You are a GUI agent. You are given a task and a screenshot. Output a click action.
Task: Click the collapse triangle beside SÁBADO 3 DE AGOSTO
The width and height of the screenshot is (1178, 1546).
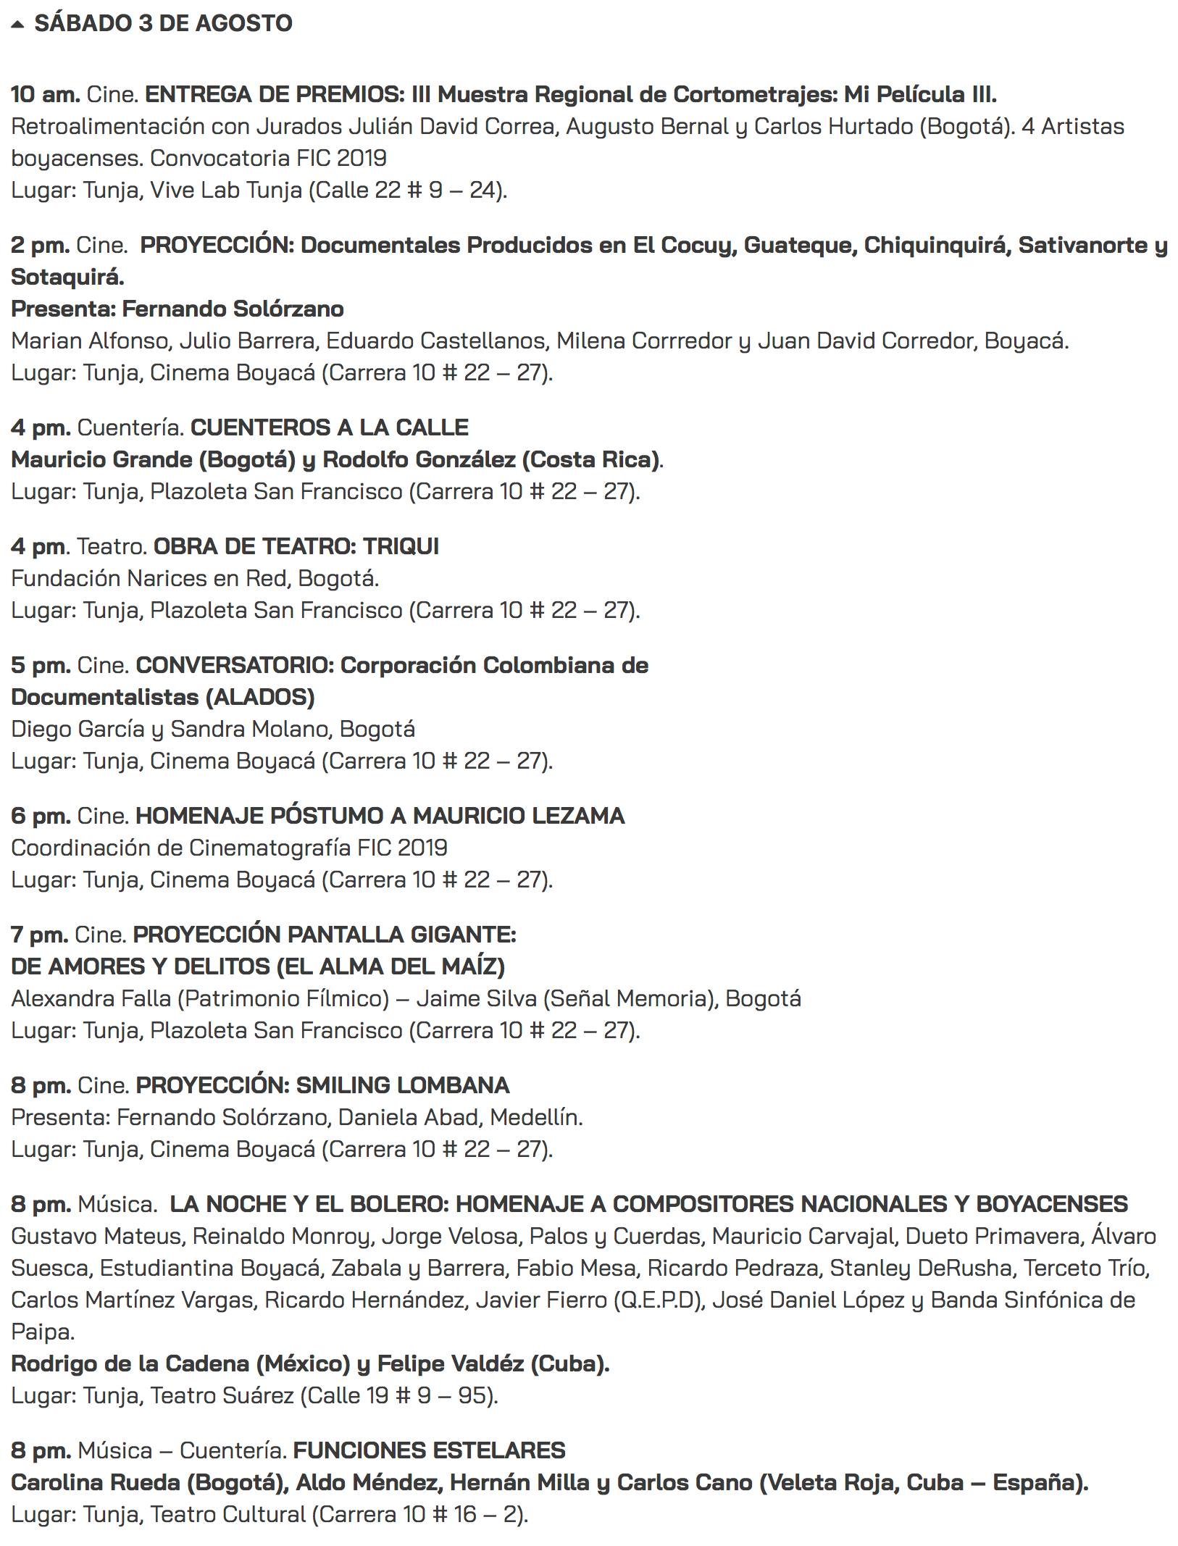(x=17, y=24)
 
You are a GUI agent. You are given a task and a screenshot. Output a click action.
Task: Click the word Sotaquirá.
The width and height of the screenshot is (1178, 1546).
(x=67, y=277)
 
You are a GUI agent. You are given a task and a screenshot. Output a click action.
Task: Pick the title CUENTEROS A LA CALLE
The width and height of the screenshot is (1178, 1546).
(x=329, y=427)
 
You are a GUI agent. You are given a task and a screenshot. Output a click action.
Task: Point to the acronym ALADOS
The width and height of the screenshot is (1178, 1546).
(x=260, y=697)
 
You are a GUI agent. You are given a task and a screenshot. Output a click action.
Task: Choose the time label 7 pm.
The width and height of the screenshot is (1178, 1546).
(x=40, y=935)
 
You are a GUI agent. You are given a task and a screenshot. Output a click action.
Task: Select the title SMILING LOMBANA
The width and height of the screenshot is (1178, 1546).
(x=403, y=1085)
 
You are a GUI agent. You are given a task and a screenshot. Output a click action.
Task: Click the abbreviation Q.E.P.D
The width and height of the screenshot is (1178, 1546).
(x=658, y=1300)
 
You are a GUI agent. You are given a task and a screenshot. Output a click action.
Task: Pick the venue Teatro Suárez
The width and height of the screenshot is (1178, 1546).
(x=222, y=1395)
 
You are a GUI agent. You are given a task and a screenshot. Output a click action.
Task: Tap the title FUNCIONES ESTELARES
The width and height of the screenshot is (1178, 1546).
(x=429, y=1450)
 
